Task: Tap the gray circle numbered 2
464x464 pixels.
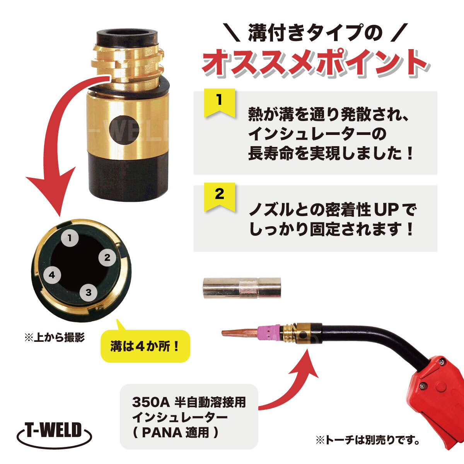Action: tap(107, 258)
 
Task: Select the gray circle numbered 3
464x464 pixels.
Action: tap(89, 292)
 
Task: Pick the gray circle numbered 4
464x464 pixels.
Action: tap(52, 275)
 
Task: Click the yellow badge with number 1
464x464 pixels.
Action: tap(219, 102)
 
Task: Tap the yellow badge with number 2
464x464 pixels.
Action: tap(219, 196)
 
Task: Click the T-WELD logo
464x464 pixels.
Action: tap(54, 431)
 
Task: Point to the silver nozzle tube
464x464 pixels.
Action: tap(242, 288)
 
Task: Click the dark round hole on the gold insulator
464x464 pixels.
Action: tap(124, 130)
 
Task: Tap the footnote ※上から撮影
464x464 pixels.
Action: tap(55, 337)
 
